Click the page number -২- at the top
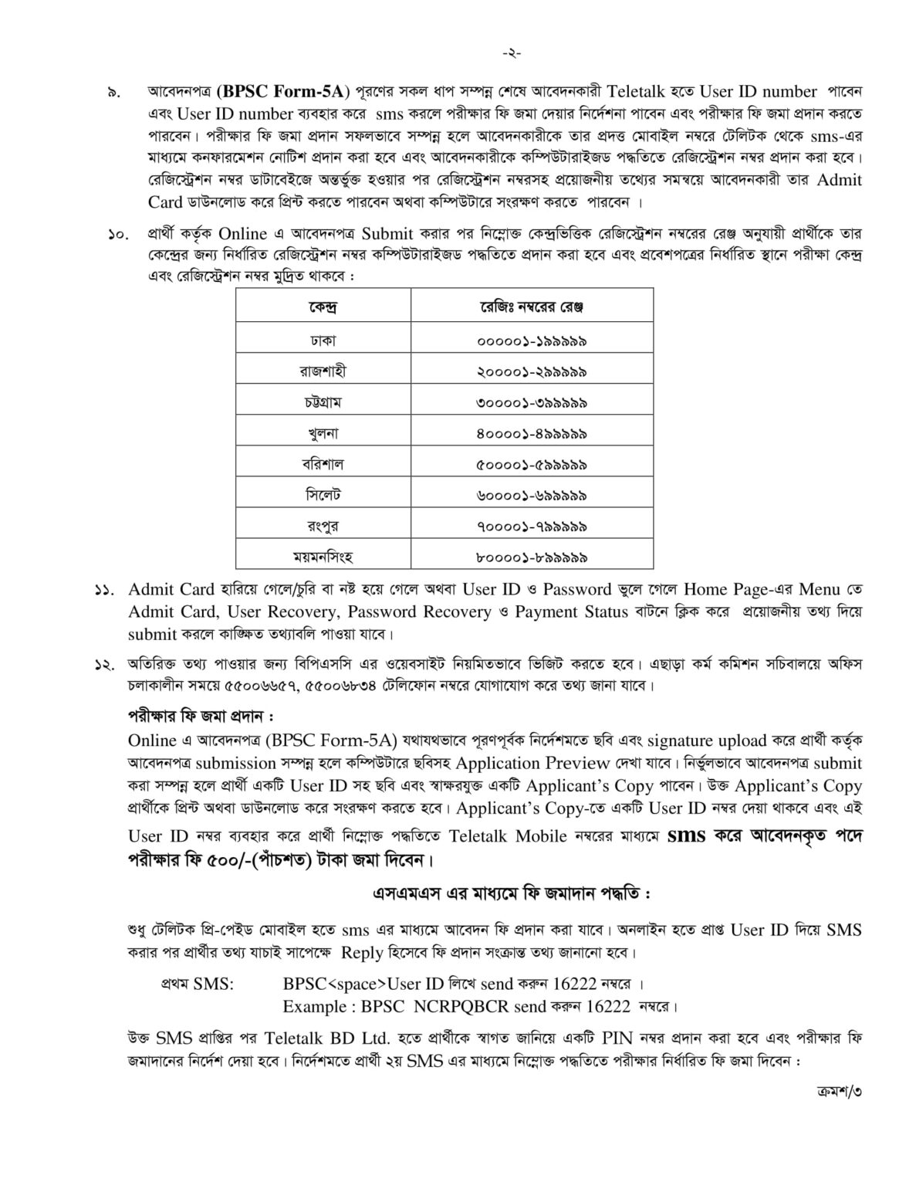click(511, 54)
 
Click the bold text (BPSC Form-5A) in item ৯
click(284, 90)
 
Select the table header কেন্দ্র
click(323, 307)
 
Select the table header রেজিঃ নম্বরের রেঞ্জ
click(531, 307)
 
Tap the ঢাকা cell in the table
click(323, 340)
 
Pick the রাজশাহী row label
click(323, 371)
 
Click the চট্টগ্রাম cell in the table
click(323, 402)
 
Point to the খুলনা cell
click(323, 433)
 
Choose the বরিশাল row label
click(323, 464)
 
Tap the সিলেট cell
click(323, 494)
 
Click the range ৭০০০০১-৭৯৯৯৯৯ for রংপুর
click(531, 526)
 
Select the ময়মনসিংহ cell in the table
click(323, 556)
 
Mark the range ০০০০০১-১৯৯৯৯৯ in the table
click(531, 340)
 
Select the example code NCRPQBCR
click(455, 1006)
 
